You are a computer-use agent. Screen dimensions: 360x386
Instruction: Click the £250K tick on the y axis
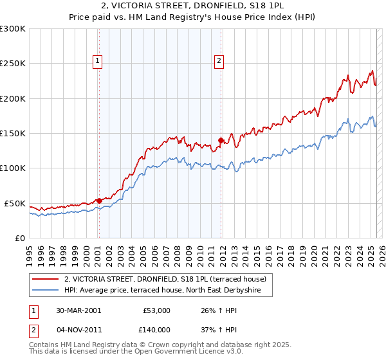coord(13,64)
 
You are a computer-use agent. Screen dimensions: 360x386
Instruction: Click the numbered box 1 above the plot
coord(97,61)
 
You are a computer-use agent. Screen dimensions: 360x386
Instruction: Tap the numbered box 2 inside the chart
coord(219,61)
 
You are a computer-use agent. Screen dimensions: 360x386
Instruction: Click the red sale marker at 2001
coord(99,201)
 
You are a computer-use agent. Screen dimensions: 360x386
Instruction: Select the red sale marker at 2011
coord(221,140)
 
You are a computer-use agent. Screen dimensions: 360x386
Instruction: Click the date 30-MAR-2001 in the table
coord(78,310)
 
